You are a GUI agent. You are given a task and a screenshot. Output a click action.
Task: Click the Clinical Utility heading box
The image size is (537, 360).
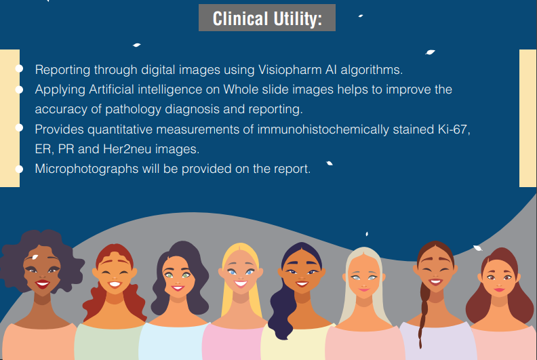coord(266,18)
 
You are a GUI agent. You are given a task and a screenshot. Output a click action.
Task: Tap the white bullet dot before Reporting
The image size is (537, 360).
coord(19,69)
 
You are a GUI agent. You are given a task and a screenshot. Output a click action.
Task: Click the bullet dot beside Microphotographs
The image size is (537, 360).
coord(19,167)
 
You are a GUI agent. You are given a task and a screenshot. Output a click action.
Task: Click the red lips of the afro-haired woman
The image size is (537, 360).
coord(42,284)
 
